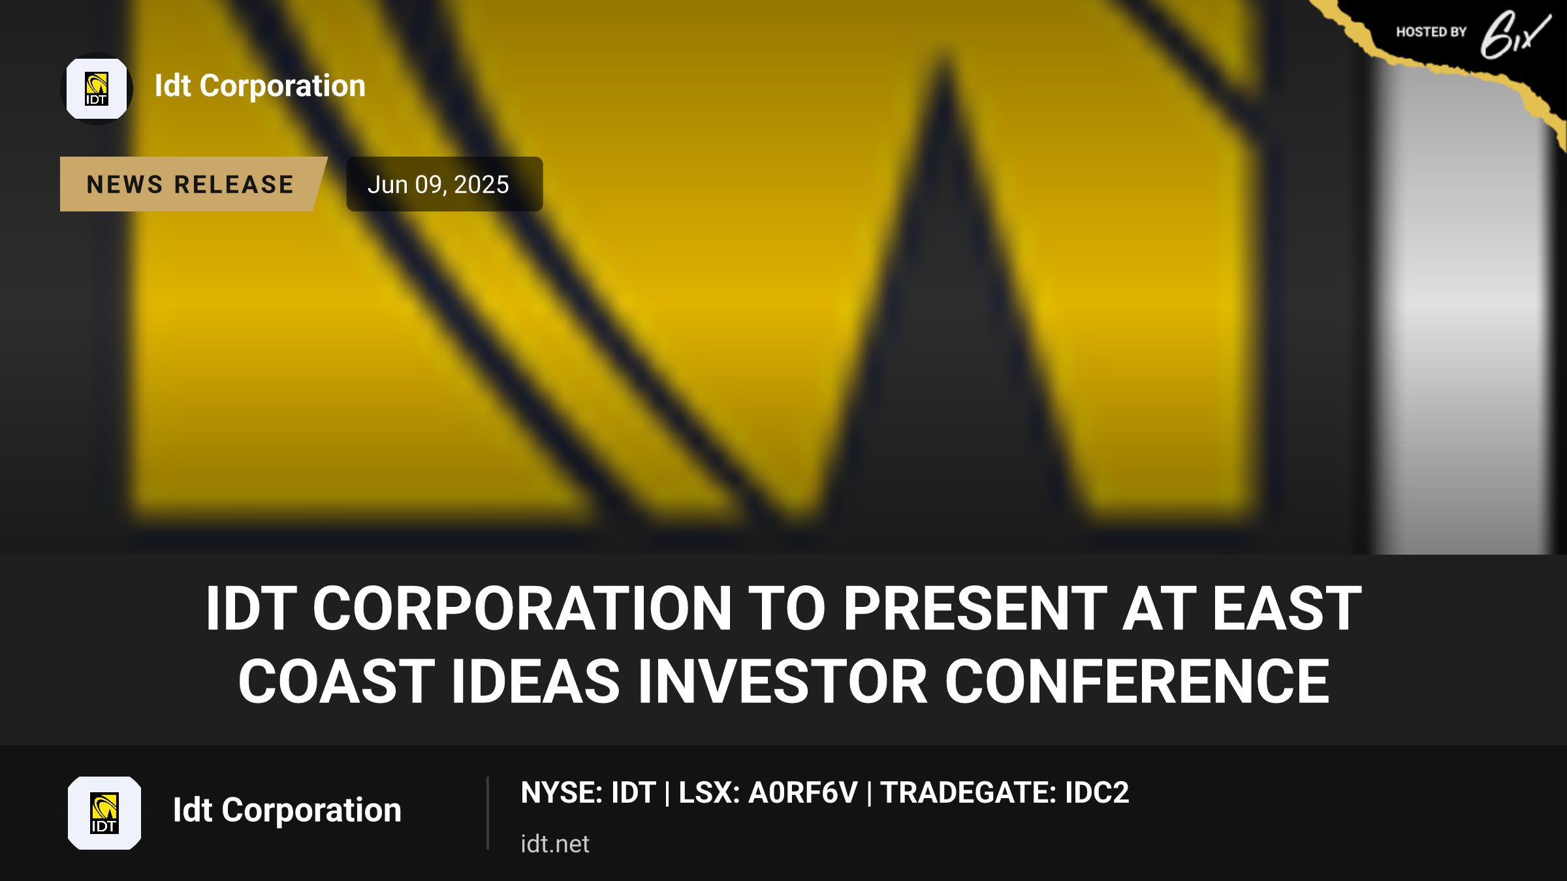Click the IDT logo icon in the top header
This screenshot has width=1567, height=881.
pyautogui.click(x=97, y=89)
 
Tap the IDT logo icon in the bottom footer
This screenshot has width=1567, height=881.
pyautogui.click(x=104, y=813)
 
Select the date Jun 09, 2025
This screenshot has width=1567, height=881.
pyautogui.click(x=438, y=185)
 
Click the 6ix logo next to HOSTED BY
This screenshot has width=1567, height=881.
pyautogui.click(x=1515, y=34)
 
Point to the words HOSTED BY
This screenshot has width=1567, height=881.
pyautogui.click(x=1431, y=32)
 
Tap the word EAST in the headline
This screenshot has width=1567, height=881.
pyautogui.click(x=1287, y=608)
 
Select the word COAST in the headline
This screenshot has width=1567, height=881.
pyautogui.click(x=336, y=681)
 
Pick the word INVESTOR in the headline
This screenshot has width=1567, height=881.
pyautogui.click(x=782, y=681)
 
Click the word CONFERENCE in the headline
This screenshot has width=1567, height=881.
pyautogui.click(x=1137, y=681)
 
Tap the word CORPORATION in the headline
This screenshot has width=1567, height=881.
pyautogui.click(x=522, y=608)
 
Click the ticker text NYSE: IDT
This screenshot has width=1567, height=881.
pyautogui.click(x=588, y=793)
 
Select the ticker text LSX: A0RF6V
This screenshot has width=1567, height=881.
pyautogui.click(x=768, y=793)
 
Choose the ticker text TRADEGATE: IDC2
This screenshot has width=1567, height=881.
pyautogui.click(x=1005, y=793)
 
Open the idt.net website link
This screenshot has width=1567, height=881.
pyautogui.click(x=555, y=844)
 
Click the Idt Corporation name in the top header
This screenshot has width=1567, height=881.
pyautogui.click(x=260, y=86)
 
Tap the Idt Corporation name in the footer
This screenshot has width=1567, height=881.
pyautogui.click(x=287, y=811)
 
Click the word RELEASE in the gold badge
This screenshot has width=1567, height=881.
pyautogui.click(x=234, y=185)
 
